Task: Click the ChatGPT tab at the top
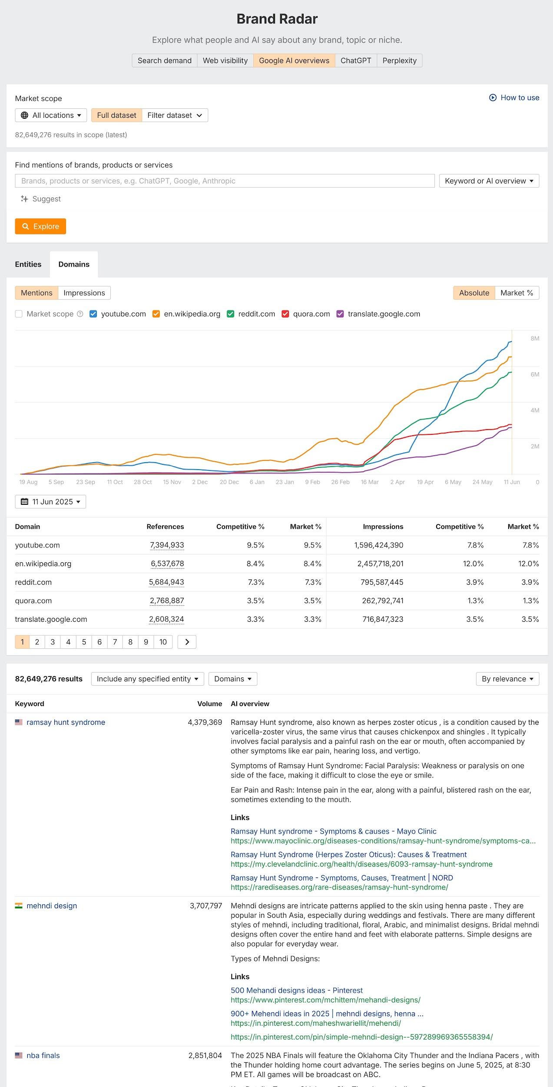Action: click(355, 60)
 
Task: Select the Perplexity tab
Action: click(399, 60)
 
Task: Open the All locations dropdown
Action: click(51, 115)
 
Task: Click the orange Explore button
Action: click(40, 227)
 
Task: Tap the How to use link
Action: click(514, 97)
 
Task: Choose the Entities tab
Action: click(28, 264)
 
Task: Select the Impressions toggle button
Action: click(84, 293)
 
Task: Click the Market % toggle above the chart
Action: click(517, 293)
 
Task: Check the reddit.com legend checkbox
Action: click(231, 314)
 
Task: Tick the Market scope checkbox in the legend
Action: click(19, 314)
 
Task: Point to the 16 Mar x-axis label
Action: click(370, 482)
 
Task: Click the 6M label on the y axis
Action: click(535, 374)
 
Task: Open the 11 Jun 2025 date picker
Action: click(50, 502)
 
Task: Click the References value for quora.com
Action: click(167, 601)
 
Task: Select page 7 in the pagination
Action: click(115, 642)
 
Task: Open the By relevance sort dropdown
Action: click(507, 679)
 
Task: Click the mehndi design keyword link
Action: click(52, 906)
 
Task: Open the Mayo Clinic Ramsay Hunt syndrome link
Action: click(333, 831)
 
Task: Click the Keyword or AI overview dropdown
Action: click(489, 181)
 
